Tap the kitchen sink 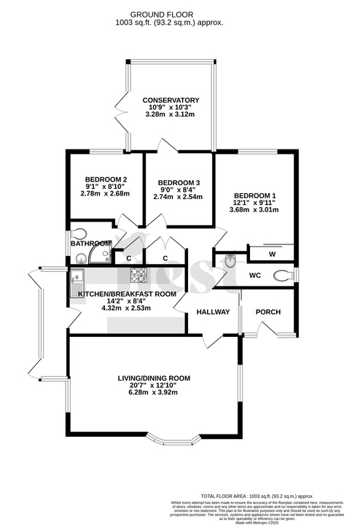point(78,279)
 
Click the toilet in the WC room point(283,276)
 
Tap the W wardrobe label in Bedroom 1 point(272,254)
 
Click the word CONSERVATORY point(171,100)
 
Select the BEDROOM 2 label point(106,179)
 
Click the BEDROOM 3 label point(179,182)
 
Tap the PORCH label point(267,312)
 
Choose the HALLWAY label point(212,312)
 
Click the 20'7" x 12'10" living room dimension point(154,386)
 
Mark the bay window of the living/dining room point(171,439)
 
